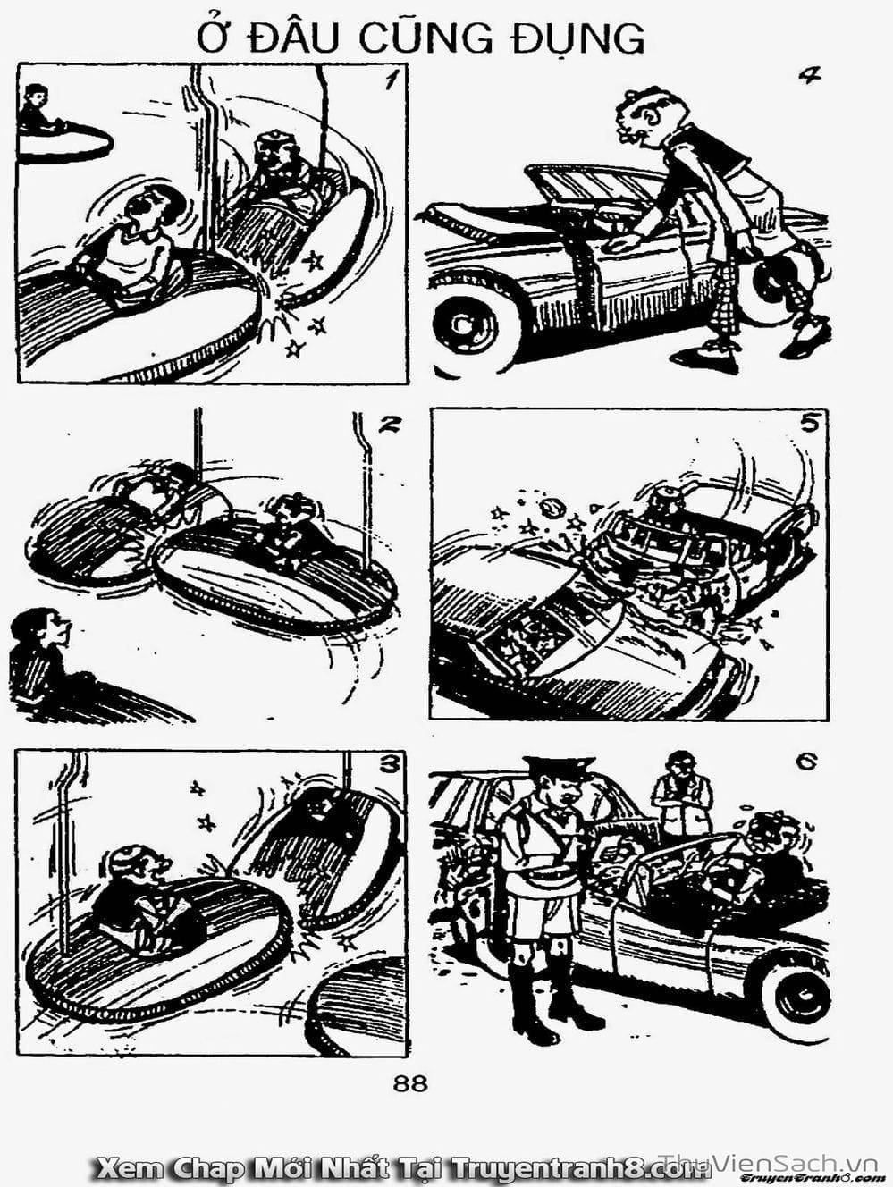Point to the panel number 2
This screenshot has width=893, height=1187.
click(388, 425)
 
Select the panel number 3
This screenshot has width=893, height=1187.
click(389, 764)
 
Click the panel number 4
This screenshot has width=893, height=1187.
click(809, 76)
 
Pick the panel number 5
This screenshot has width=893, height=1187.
click(809, 424)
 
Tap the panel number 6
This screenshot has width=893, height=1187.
click(805, 763)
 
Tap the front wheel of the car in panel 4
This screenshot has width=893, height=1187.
click(464, 326)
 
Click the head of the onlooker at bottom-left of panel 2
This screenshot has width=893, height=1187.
click(39, 627)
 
